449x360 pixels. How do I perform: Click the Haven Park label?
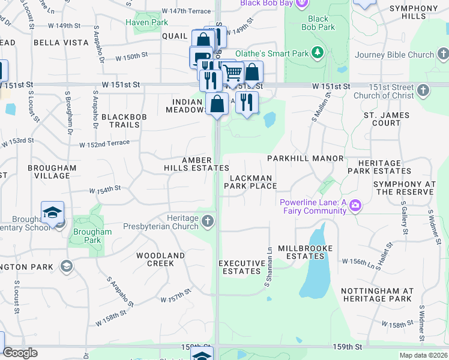146,22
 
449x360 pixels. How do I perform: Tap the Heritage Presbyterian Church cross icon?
208,222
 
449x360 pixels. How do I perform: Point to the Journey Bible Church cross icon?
442,55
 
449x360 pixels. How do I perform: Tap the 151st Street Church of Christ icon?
423,91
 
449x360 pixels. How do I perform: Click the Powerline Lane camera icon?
355,206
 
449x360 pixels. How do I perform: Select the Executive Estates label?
242,267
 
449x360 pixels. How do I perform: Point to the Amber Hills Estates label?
196,164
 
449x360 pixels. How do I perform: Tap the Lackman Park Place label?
251,182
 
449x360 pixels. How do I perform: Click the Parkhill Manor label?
305,158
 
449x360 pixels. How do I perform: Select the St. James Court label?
386,119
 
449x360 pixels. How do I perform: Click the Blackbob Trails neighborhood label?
120,121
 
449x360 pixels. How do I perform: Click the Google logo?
20,353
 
